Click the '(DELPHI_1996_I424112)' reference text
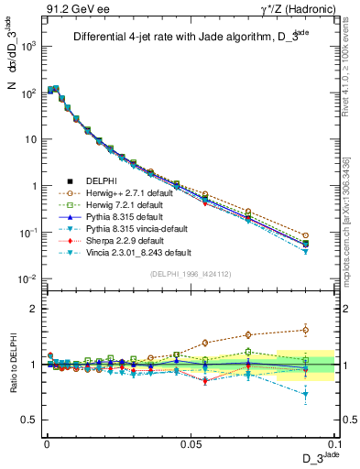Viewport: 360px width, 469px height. coord(188,273)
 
